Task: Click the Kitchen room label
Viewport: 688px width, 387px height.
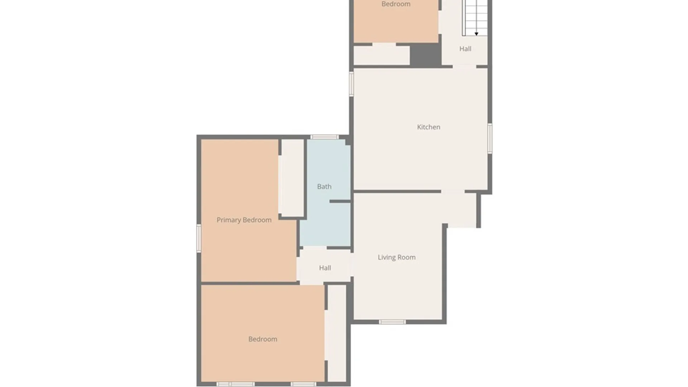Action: (x=429, y=127)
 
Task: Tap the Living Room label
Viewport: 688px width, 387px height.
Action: (x=397, y=257)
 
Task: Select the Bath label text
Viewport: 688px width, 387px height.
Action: (x=324, y=187)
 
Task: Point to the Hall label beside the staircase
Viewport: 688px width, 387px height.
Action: (x=465, y=49)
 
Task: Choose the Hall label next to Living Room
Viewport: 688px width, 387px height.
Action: (x=325, y=268)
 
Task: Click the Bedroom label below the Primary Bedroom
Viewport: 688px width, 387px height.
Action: (x=263, y=339)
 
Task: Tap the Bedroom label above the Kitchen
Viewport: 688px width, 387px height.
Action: (x=396, y=4)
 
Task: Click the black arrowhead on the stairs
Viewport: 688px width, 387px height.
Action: (x=476, y=34)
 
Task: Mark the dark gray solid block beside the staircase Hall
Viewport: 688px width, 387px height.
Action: (x=425, y=55)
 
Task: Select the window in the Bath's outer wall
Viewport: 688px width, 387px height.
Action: (x=324, y=137)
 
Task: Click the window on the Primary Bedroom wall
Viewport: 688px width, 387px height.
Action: (x=199, y=238)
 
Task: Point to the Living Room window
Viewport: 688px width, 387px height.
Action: (x=392, y=322)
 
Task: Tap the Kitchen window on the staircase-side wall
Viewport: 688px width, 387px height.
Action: (x=490, y=138)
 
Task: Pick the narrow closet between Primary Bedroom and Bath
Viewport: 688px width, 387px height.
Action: (x=292, y=178)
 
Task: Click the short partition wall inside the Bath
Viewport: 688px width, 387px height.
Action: (x=340, y=201)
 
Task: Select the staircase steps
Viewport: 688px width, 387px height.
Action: (x=475, y=16)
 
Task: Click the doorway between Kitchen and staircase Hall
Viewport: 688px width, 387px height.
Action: (x=464, y=66)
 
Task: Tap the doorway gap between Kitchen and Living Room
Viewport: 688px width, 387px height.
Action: (x=453, y=192)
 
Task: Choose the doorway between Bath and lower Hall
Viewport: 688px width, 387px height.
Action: (x=315, y=248)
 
